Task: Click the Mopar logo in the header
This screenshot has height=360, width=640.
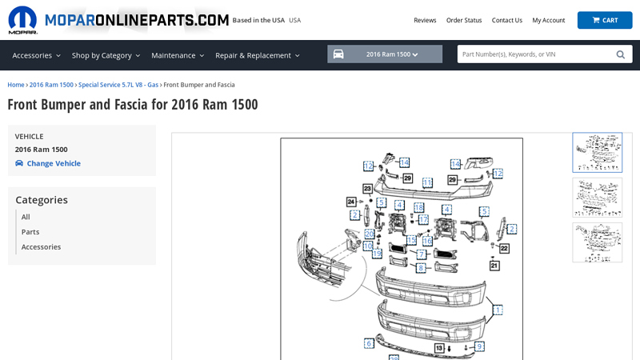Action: point(22,20)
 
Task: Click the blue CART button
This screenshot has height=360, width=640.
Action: point(604,20)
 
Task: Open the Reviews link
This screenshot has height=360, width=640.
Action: point(425,20)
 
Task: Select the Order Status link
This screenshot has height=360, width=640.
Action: point(464,20)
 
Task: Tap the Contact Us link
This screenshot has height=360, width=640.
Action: point(506,20)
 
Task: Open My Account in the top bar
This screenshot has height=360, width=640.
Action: point(548,20)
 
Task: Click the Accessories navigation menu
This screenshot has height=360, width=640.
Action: point(36,55)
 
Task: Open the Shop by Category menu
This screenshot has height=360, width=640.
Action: point(106,55)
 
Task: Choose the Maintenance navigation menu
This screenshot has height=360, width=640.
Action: point(178,55)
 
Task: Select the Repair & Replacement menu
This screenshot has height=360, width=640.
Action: point(257,55)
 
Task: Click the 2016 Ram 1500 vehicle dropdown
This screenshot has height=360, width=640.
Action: point(385,54)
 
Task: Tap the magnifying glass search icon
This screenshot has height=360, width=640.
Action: point(620,54)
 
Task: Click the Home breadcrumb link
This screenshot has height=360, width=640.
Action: point(15,85)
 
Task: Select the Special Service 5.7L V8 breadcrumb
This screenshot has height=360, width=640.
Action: point(118,85)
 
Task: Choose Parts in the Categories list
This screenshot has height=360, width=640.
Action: point(30,232)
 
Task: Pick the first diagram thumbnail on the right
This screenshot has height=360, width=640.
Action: point(597,152)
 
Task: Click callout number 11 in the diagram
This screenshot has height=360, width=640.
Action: point(427,182)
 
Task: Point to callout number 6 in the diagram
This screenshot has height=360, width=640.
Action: point(369,343)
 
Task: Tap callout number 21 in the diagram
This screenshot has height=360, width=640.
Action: point(494,266)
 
